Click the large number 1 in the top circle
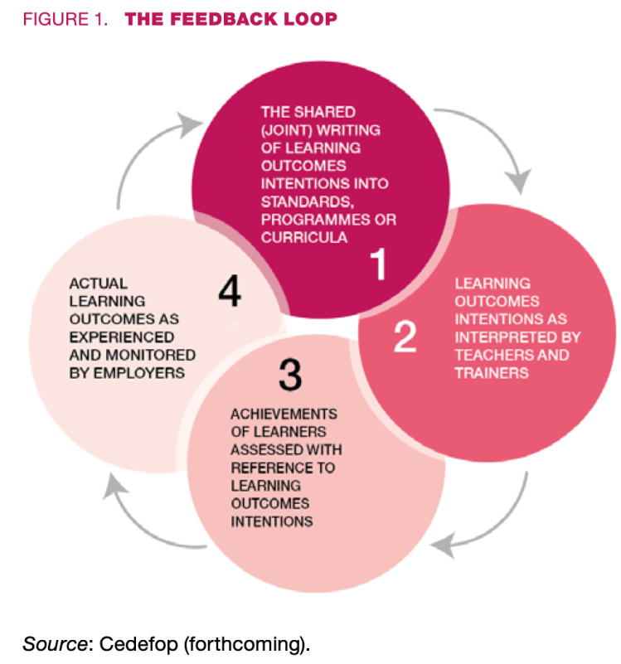(378, 266)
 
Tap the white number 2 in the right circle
(405, 337)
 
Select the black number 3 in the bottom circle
(289, 376)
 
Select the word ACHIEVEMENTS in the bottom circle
(274, 414)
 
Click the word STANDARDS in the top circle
(297, 201)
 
